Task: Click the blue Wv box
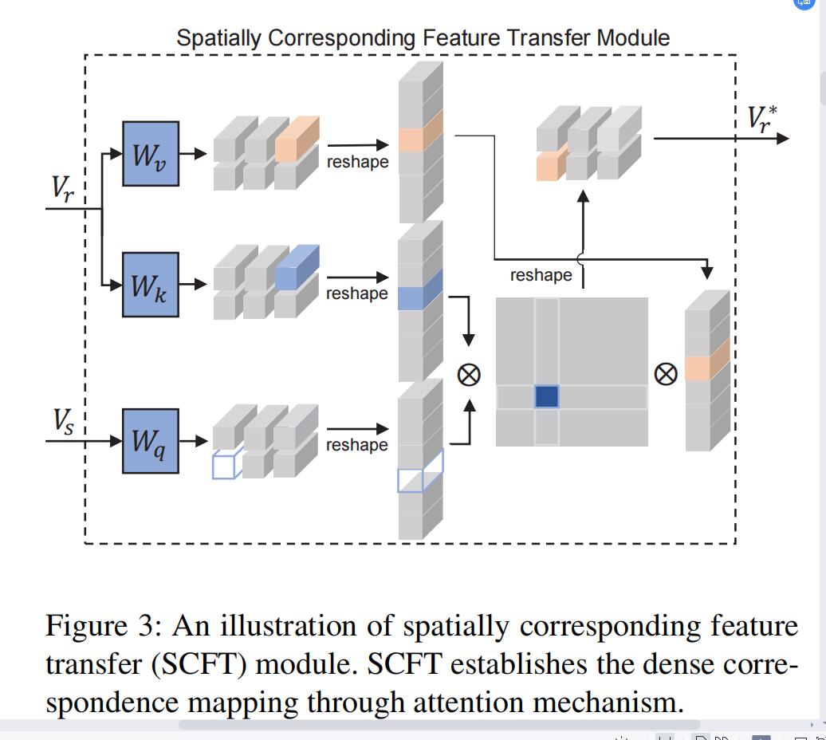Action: point(150,154)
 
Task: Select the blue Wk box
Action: point(150,285)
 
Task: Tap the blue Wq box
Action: point(150,441)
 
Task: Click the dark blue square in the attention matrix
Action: point(546,396)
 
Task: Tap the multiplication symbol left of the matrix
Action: point(469,374)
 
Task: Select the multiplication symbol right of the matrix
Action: point(666,373)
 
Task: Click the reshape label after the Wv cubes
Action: point(357,162)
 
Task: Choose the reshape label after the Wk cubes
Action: point(357,293)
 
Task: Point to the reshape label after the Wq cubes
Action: point(357,445)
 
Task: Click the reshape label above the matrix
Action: point(541,275)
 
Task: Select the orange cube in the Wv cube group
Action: point(296,139)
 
